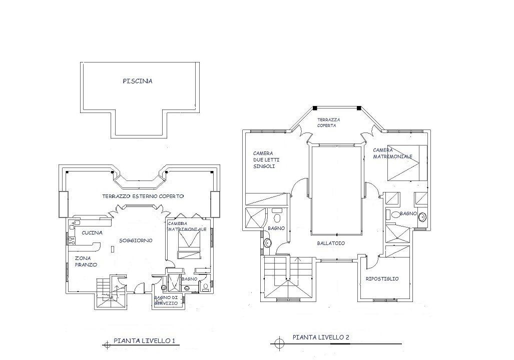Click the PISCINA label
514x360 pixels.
pyautogui.click(x=138, y=81)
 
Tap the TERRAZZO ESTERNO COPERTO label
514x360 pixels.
pyautogui.click(x=143, y=196)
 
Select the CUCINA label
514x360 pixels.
pyautogui.click(x=92, y=232)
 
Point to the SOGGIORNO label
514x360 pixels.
pyautogui.click(x=136, y=240)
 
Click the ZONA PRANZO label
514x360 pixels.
pyautogui.click(x=86, y=261)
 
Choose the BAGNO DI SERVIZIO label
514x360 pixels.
pyautogui.click(x=166, y=300)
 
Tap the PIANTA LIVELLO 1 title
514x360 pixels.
pyautogui.click(x=144, y=340)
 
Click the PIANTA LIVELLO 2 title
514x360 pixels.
pyautogui.click(x=321, y=337)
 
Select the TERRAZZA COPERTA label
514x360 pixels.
pyautogui.click(x=328, y=122)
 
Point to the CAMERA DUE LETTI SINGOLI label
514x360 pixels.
pyautogui.click(x=266, y=159)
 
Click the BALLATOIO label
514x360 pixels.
pyautogui.click(x=331, y=243)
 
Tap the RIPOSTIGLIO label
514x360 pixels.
pyautogui.click(x=382, y=279)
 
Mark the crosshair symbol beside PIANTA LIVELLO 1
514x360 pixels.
pyautogui.click(x=107, y=344)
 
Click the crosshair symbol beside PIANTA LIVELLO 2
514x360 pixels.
pyautogui.click(x=279, y=343)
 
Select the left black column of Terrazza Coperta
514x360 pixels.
pyautogui.click(x=315, y=108)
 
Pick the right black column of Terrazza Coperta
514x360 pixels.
pyautogui.click(x=359, y=108)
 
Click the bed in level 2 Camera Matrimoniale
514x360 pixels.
pyautogui.click(x=407, y=162)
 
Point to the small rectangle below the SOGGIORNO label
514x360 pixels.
pyautogui.click(x=113, y=249)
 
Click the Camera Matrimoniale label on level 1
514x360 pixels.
pyautogui.click(x=187, y=226)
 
